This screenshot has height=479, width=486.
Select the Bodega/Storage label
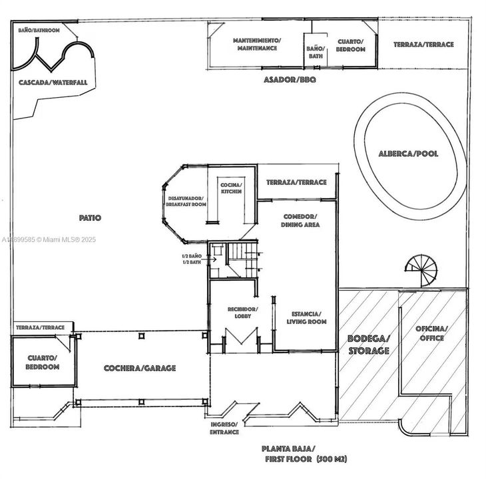coord(368,344)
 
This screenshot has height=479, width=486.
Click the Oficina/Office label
coord(432,333)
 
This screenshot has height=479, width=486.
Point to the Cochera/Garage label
coord(140,368)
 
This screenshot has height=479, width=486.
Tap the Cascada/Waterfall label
coord(53,83)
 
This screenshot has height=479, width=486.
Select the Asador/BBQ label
coord(290,79)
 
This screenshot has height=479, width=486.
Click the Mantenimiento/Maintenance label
coord(257,45)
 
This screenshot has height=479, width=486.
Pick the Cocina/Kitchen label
coord(231,188)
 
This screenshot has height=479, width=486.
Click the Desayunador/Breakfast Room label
coord(186,201)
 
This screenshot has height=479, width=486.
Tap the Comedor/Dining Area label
coord(302,221)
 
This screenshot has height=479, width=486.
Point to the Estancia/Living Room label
coord(306,317)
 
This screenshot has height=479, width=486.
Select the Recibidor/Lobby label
coord(239,313)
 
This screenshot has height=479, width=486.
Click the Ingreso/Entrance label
coord(224,428)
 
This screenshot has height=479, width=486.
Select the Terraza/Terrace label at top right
coord(423,45)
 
